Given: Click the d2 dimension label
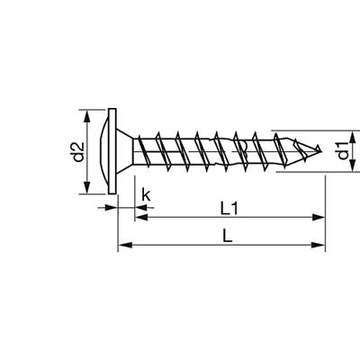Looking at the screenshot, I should pyautogui.click(x=78, y=151).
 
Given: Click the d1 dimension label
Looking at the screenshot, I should pyautogui.click(x=342, y=151).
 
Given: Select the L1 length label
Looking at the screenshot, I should pyautogui.click(x=229, y=207).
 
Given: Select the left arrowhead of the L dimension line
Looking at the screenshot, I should pyautogui.click(x=123, y=244).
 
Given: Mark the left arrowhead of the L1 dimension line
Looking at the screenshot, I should pyautogui.click(x=141, y=217).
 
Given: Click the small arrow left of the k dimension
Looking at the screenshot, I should pyautogui.click(x=112, y=208).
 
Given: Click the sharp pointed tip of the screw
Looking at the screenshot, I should pyautogui.click(x=320, y=150).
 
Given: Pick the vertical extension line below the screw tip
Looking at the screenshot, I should pyautogui.click(x=324, y=207).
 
